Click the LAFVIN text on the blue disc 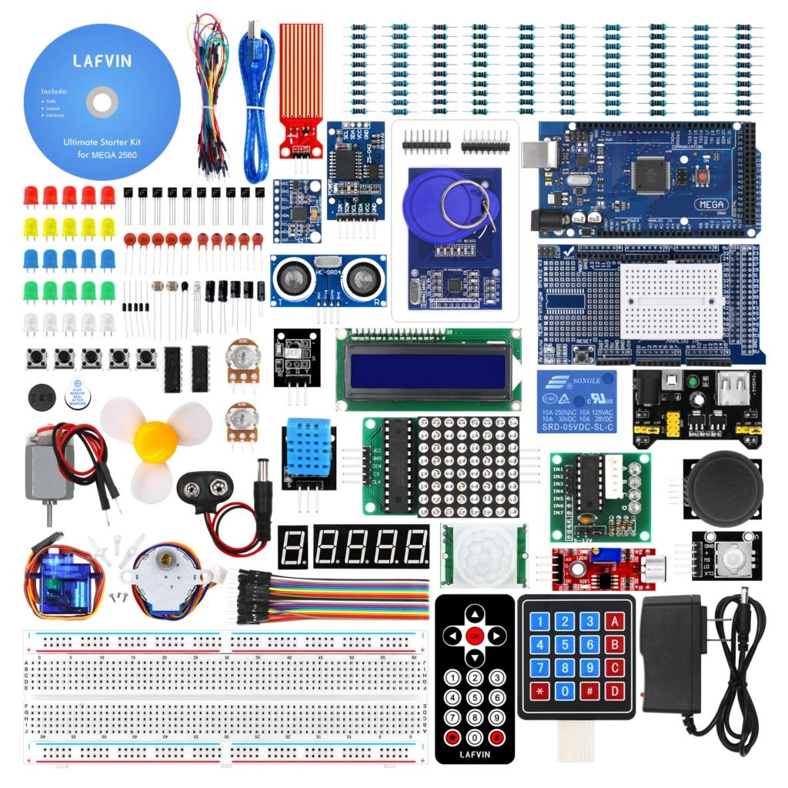tap(102, 60)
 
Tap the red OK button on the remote tap(475, 636)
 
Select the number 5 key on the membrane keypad tap(565, 645)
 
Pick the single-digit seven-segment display tap(292, 547)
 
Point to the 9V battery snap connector tap(207, 486)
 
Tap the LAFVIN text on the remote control tap(475, 754)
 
